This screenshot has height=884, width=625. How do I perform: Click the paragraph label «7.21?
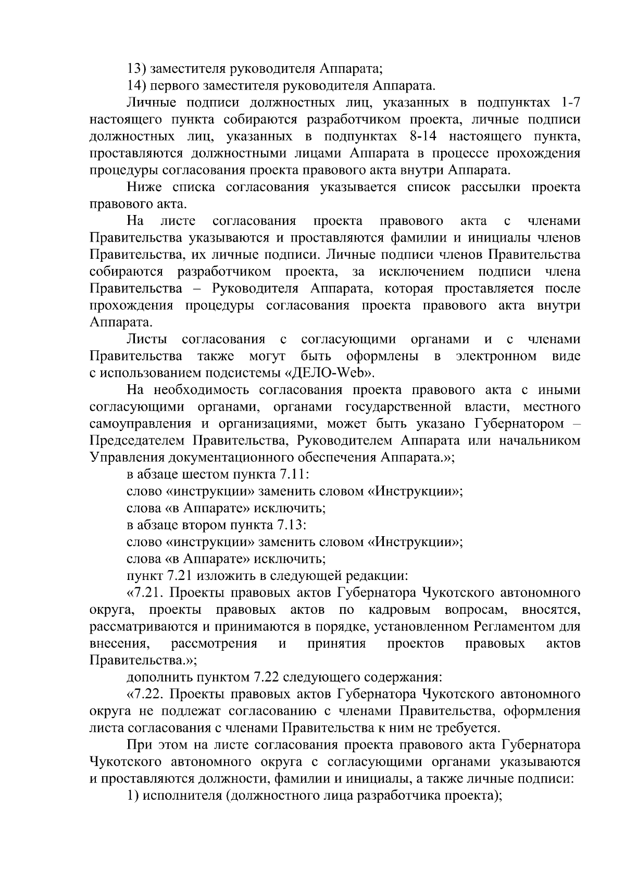146,593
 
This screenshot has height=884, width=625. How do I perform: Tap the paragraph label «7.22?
146,694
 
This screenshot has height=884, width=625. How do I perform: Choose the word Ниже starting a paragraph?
142,187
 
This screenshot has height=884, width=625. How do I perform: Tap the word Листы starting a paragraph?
147,339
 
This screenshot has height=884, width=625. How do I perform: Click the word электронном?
496,356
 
